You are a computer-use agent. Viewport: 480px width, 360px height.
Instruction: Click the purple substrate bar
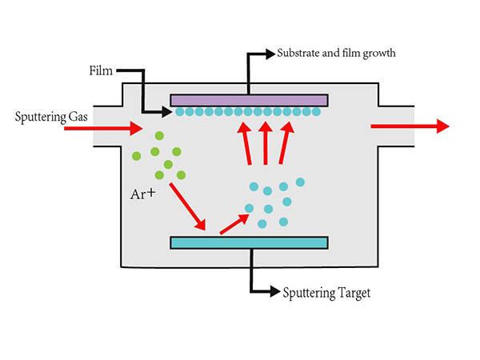249,100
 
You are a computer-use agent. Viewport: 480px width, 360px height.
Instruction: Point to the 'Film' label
102,71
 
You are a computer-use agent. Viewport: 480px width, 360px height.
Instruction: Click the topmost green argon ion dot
159,137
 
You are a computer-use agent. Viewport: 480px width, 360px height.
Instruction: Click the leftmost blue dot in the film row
181,112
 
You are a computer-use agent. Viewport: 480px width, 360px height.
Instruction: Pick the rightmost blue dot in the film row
317,112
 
